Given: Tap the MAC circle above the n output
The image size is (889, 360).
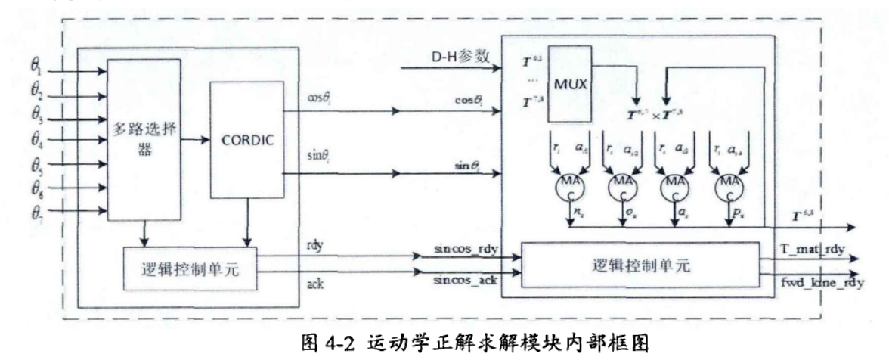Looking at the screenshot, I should click(x=568, y=185).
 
